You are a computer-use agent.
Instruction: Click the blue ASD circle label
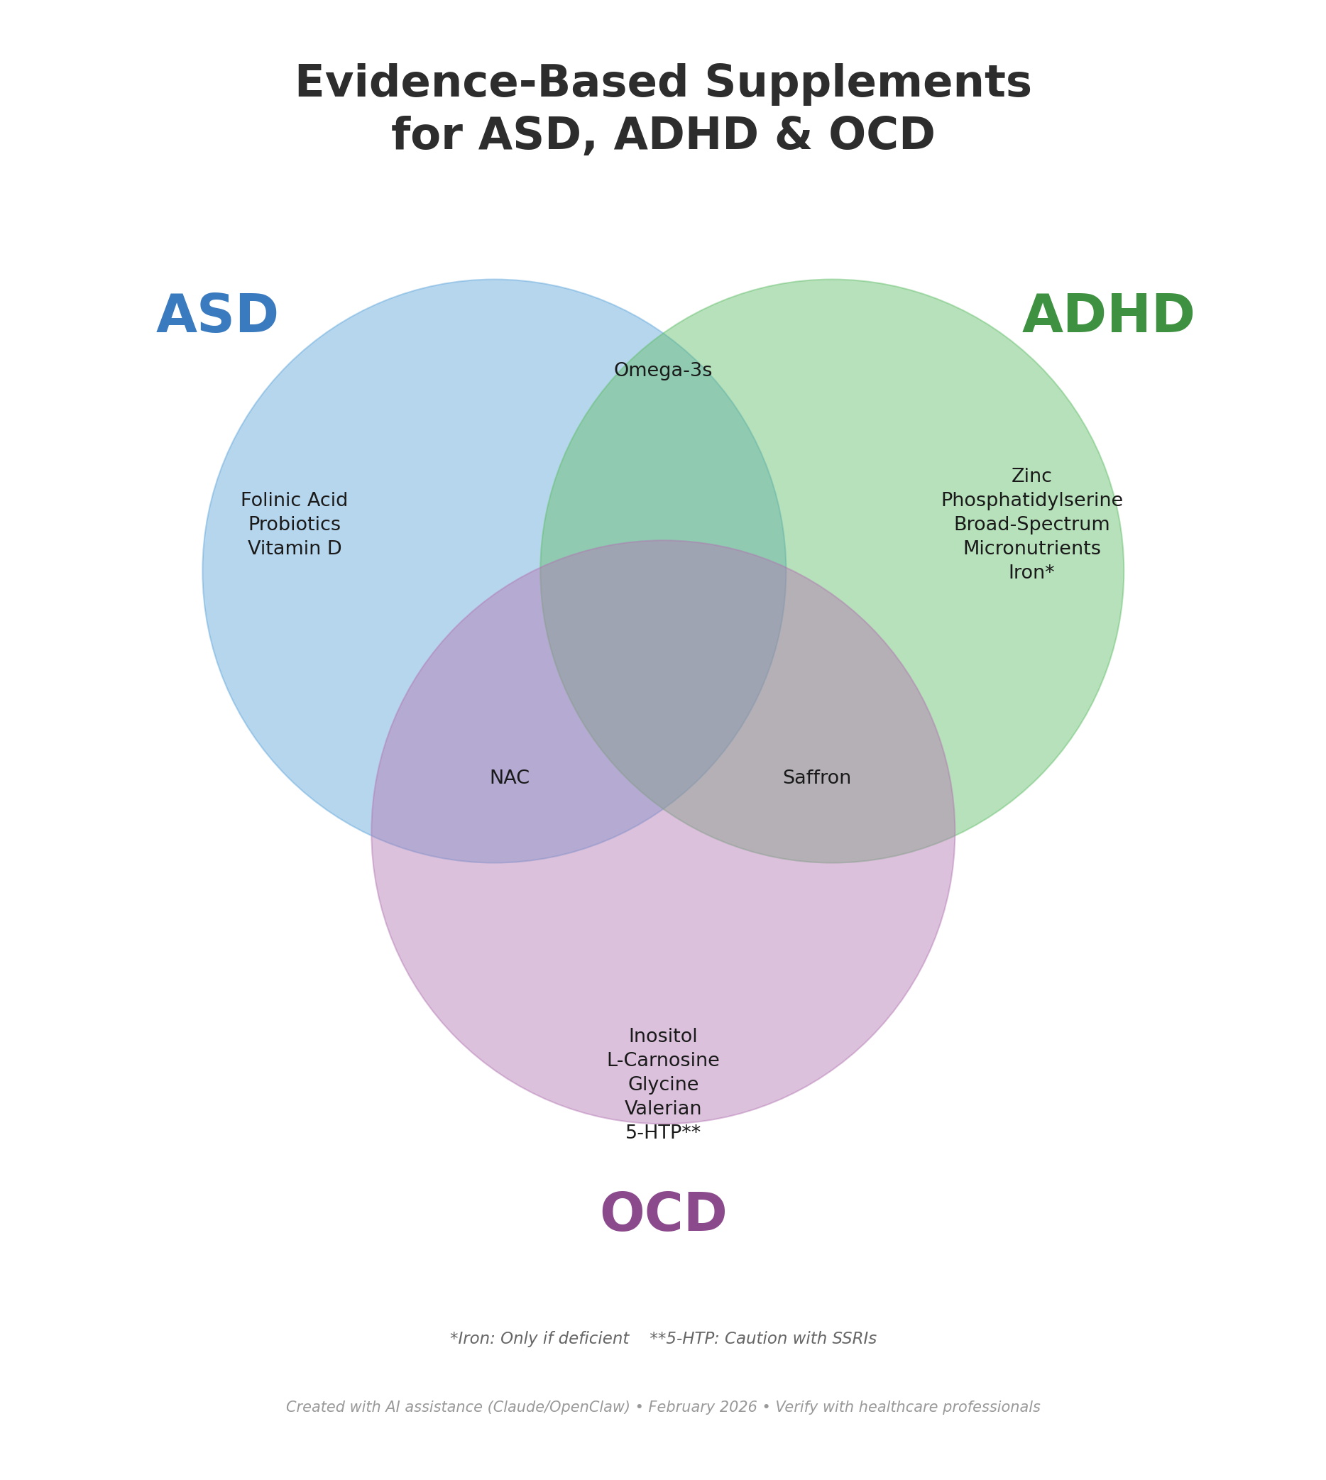(217, 317)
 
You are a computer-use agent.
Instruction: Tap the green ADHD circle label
(1107, 317)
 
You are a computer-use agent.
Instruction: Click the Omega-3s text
(663, 371)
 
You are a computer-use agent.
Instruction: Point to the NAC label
(509, 777)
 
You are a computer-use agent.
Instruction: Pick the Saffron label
(817, 777)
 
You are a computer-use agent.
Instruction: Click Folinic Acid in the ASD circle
(295, 500)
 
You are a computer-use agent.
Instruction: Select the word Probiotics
(295, 525)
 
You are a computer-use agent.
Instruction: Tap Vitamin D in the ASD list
(295, 549)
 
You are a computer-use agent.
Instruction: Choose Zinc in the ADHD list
(1031, 476)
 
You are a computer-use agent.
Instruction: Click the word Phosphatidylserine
(1031, 500)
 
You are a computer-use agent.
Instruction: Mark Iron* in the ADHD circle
(1031, 573)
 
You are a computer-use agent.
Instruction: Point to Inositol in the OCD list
(663, 1036)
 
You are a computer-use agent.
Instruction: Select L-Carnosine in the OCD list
(663, 1060)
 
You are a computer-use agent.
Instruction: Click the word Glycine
(663, 1085)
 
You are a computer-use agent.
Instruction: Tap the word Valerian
(663, 1108)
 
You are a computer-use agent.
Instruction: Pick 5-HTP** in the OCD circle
(663, 1132)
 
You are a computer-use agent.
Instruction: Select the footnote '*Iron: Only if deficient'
(539, 1339)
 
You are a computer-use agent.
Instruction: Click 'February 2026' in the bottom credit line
(702, 1407)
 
